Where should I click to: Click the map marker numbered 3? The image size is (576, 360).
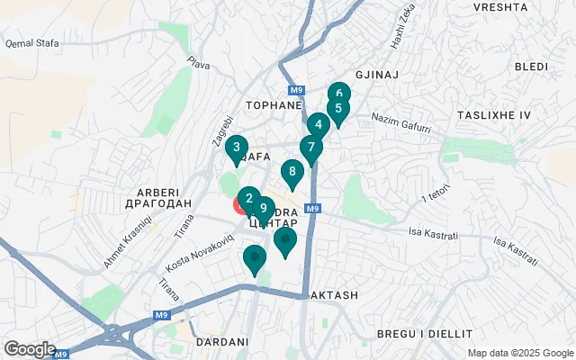pyautogui.click(x=236, y=148)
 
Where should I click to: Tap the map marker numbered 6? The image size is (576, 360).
pyautogui.click(x=338, y=93)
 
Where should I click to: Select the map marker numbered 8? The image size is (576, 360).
pyautogui.click(x=292, y=171)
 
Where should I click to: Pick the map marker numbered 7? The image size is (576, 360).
pyautogui.click(x=310, y=147)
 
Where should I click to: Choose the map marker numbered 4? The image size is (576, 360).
pyautogui.click(x=318, y=125)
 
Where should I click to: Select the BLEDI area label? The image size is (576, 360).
pyautogui.click(x=530, y=67)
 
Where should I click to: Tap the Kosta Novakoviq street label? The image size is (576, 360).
pyautogui.click(x=200, y=256)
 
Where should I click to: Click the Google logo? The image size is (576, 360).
pyautogui.click(x=29, y=349)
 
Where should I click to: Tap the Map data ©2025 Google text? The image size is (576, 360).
pyautogui.click(x=519, y=353)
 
